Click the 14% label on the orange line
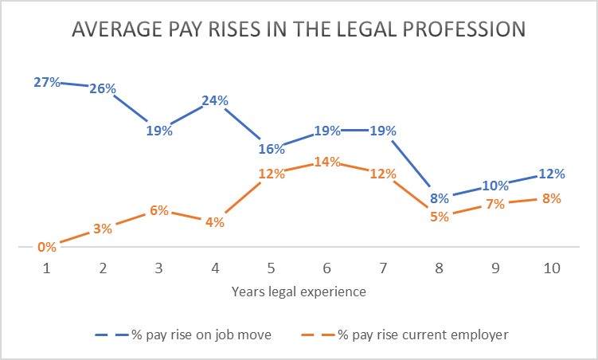click(327, 162)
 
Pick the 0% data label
click(47, 247)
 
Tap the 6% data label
click(159, 210)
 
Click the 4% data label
click(215, 223)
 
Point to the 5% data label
click(440, 217)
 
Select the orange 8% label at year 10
click(552, 198)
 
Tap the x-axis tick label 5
click(271, 269)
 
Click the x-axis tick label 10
click(551, 269)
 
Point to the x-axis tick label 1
click(46, 269)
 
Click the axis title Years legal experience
click(299, 292)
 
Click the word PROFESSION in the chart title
click(451, 29)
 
